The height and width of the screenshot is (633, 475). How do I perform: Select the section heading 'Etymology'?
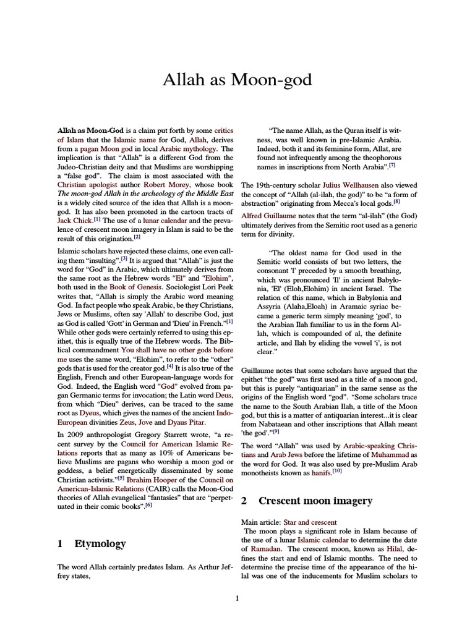point(100,544)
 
